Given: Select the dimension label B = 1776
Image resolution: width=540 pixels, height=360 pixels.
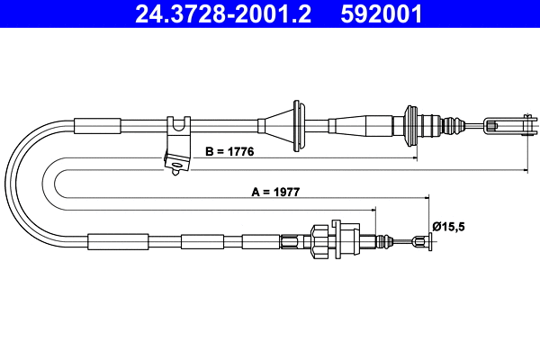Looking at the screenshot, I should click(x=229, y=152).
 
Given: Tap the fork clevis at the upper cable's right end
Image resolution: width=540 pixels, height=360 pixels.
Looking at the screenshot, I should click(x=505, y=122).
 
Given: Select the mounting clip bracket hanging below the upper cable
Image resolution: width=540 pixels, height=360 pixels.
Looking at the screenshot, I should click(x=177, y=144).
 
